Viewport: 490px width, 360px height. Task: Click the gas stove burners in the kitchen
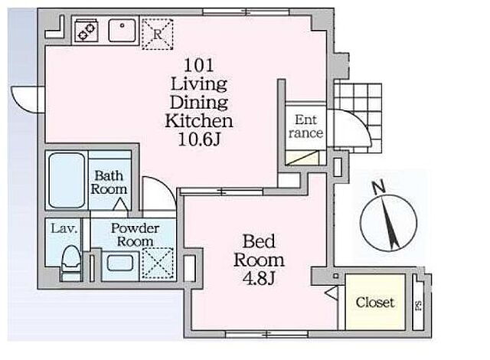point(87,31)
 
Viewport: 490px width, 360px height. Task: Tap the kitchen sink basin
point(122,31)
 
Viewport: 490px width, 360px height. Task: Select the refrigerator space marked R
point(158,34)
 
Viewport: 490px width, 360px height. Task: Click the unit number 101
point(199,66)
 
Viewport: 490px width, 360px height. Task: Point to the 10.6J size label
point(199,139)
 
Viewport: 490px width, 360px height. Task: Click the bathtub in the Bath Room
point(67,180)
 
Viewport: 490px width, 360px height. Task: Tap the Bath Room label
point(109,182)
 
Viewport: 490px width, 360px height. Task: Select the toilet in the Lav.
point(71,263)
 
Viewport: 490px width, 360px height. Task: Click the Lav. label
point(64,229)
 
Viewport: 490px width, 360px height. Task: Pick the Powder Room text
point(135,234)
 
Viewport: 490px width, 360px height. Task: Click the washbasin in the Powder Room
point(120,263)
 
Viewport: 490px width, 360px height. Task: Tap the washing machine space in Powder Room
point(158,263)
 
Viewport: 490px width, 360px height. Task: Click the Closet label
point(375,303)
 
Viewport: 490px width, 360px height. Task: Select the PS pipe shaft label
point(418,306)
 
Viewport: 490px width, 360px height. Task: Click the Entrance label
point(305,126)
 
